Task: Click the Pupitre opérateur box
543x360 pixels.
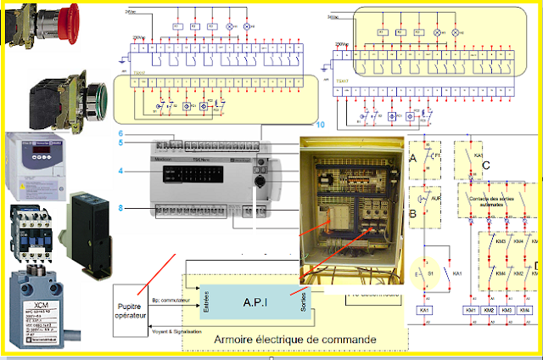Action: pyautogui.click(x=132, y=309)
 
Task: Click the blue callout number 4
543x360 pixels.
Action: pyautogui.click(x=122, y=172)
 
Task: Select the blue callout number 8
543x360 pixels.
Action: pyautogui.click(x=122, y=207)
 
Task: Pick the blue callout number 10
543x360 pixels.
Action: pyautogui.click(x=320, y=124)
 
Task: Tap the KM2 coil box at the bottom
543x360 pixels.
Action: pyautogui.click(x=489, y=311)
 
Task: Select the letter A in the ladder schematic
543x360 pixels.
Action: pyautogui.click(x=414, y=158)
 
